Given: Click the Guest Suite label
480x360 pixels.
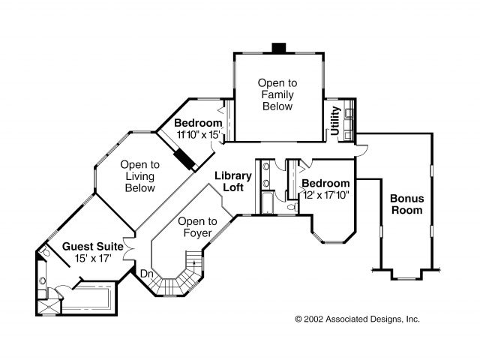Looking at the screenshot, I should tap(87, 246).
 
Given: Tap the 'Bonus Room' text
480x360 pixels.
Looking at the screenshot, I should tap(406, 204).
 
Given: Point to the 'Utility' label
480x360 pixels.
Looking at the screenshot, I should tap(335, 121).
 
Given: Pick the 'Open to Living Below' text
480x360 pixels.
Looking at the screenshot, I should tap(140, 176).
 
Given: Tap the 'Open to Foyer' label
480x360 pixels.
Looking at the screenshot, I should tap(197, 226).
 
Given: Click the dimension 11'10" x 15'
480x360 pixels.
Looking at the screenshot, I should tap(198, 134).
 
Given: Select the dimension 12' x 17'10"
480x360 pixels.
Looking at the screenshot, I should tap(325, 194).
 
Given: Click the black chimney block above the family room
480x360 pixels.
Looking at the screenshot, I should tap(279, 48).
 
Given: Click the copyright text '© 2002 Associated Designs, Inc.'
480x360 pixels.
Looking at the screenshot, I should tap(357, 319).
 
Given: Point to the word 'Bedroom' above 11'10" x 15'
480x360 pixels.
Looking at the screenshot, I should tap(198, 123).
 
